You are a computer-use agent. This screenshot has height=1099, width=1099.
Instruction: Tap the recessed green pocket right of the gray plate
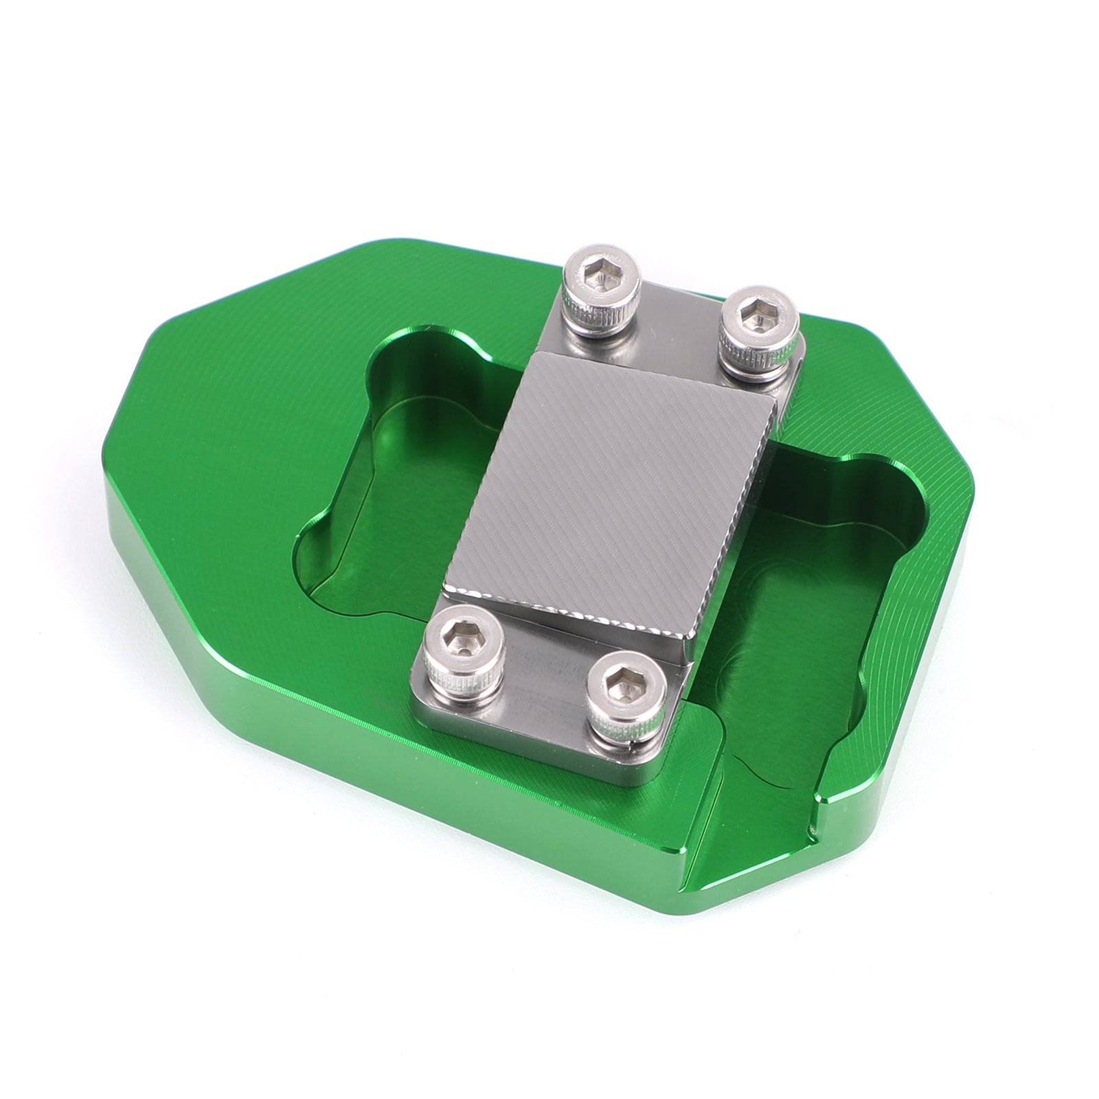coord(824,584)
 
